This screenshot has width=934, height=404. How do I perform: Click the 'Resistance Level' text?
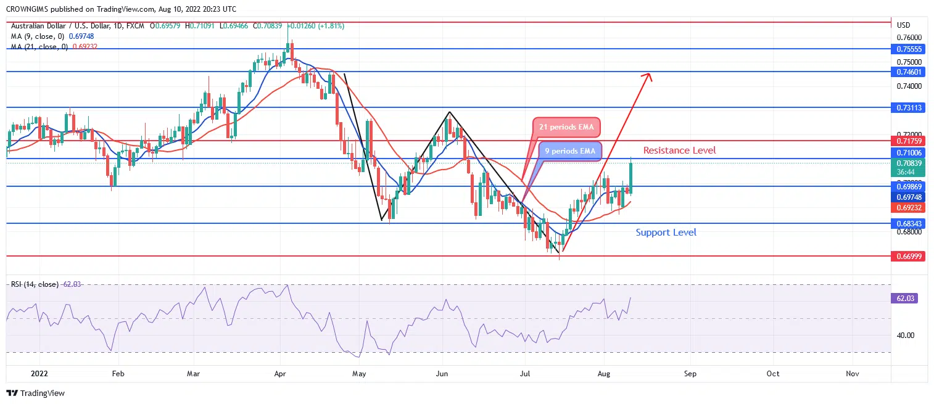click(x=679, y=150)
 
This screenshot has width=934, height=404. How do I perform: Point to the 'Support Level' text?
click(x=666, y=233)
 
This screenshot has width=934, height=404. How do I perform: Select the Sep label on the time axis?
click(x=690, y=374)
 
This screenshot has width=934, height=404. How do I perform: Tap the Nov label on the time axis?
click(x=853, y=374)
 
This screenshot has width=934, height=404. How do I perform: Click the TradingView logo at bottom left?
click(x=36, y=393)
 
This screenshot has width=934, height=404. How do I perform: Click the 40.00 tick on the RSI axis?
click(x=906, y=336)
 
